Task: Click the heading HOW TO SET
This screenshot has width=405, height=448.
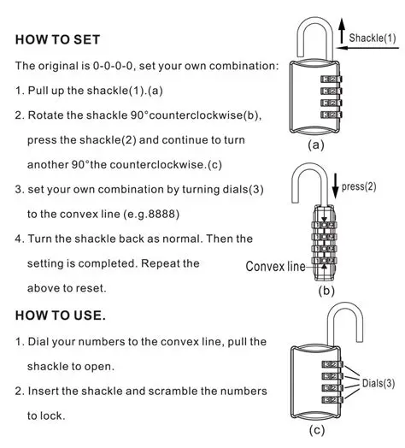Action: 58,40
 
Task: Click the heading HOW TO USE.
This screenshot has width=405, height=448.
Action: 61,315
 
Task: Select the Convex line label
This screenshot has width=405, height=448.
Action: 274,266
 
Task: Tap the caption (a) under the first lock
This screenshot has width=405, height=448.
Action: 316,145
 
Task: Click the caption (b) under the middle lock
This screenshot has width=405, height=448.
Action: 326,292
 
